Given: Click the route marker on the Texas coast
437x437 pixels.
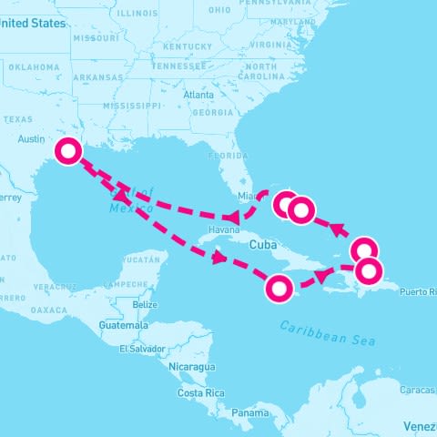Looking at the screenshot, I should [x=67, y=151].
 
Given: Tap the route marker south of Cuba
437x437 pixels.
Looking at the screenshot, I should [x=279, y=290].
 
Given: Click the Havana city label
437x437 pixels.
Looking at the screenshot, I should [x=224, y=229].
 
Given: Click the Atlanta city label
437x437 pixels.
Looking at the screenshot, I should [x=198, y=95].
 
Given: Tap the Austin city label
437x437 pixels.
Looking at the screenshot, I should [x=31, y=139].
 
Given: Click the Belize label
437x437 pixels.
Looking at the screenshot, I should [x=145, y=304].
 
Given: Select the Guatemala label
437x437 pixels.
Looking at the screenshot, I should [x=124, y=325].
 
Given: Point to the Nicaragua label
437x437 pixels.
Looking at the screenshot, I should [x=191, y=366].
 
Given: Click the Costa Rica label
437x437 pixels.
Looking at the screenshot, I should [x=201, y=392].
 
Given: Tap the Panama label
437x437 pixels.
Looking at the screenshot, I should [x=249, y=412].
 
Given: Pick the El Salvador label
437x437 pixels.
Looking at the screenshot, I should [x=142, y=349].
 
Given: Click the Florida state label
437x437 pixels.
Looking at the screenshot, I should [x=227, y=156].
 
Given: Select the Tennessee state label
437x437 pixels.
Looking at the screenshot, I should [x=179, y=66].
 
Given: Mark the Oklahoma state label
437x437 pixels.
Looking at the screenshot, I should [x=34, y=66].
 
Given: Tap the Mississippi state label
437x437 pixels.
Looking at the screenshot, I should [x=132, y=106].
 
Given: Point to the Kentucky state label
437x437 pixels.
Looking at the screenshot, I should [x=188, y=46].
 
